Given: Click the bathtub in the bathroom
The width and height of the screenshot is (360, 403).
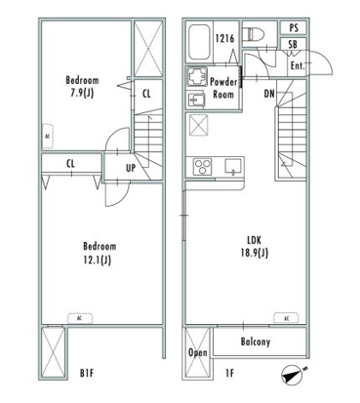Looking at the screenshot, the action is pos(199,42).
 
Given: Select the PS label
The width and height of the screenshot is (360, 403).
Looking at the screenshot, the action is pos(294,28).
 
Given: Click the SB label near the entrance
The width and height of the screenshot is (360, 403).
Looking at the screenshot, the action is pos(293,44).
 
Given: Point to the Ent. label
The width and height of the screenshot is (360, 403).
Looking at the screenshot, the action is pos(298,66).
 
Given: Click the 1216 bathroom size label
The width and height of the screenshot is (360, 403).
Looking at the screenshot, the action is pos(224,38).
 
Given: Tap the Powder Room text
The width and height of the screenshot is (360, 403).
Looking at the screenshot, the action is pos(223,88).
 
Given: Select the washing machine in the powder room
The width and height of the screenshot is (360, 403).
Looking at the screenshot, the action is pos(197,77).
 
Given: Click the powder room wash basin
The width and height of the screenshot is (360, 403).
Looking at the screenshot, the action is pos(196,100).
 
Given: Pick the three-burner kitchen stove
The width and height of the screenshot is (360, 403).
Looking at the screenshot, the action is pos(202,167).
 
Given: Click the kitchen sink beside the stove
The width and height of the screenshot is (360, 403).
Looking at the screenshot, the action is pos(233,166).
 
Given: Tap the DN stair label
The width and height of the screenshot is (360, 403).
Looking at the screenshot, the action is pos(269,94).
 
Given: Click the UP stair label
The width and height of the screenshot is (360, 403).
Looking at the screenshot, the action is pos(131,168).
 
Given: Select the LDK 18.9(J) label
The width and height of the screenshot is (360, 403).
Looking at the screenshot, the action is pos(254,247).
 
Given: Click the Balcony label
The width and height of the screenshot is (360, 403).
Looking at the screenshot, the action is pos(256,342).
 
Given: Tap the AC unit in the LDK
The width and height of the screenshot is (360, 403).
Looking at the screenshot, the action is pos(286,318).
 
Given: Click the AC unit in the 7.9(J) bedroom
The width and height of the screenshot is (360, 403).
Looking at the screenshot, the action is pos(48,137).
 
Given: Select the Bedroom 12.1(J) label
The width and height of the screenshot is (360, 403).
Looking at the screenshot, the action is pos(100,254).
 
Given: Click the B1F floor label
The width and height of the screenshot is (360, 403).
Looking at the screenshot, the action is pos(87,373).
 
